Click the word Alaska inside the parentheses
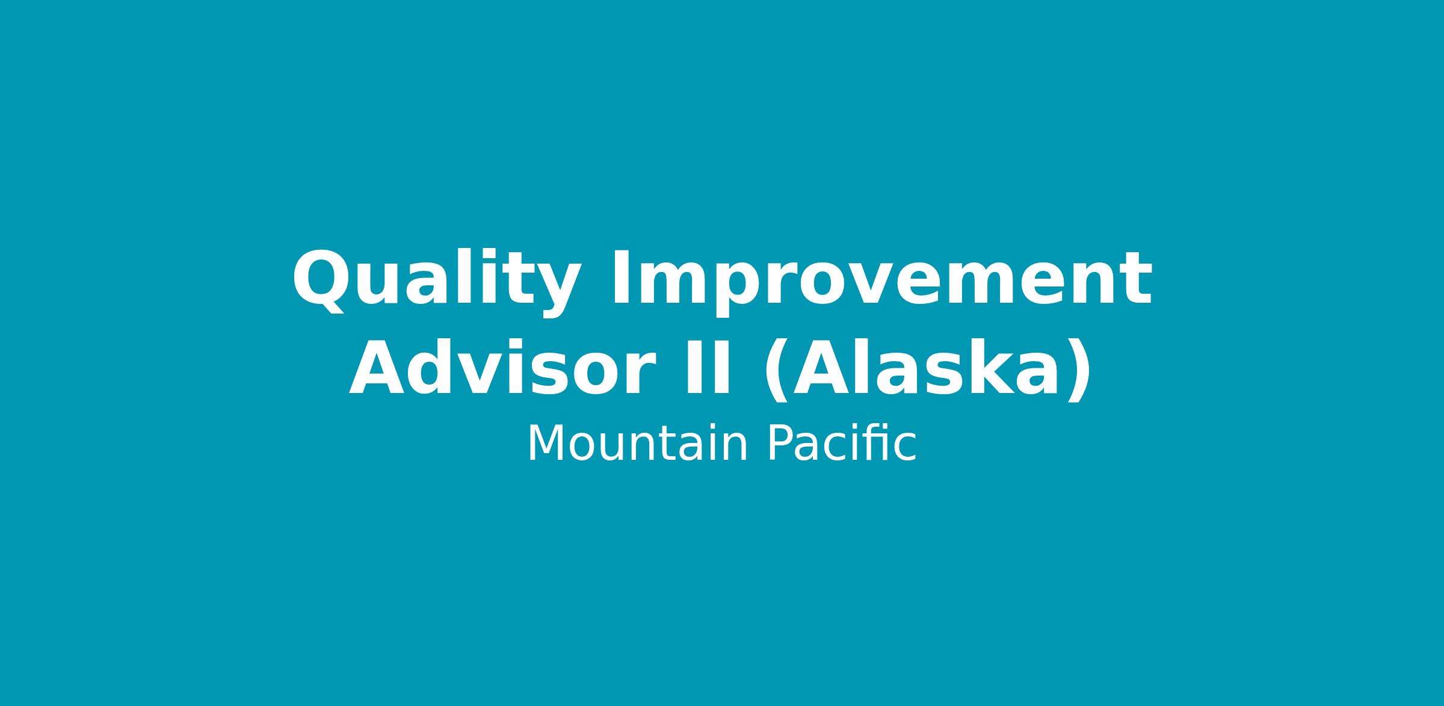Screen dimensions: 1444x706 pyautogui.click(x=926, y=368)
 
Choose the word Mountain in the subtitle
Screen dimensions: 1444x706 pyautogui.click(x=637, y=444)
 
